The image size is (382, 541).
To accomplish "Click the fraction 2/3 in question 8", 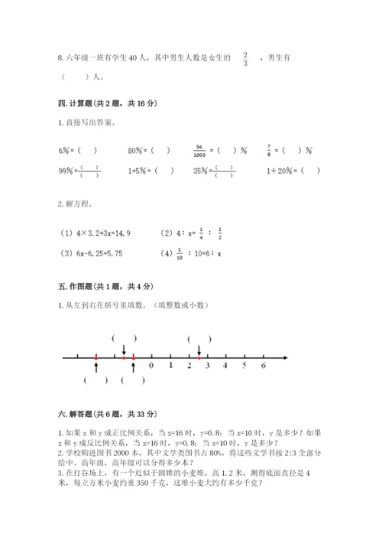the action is [x=245, y=59].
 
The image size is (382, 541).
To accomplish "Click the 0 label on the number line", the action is [x=151, y=366].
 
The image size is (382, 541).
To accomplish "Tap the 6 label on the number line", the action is [x=263, y=366].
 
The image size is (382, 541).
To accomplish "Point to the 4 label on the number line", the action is [x=225, y=366].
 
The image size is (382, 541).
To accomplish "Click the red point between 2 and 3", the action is [x=199, y=357].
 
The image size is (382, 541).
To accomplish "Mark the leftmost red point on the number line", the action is [x=95, y=357].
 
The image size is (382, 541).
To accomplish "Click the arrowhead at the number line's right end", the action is [x=284, y=357].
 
